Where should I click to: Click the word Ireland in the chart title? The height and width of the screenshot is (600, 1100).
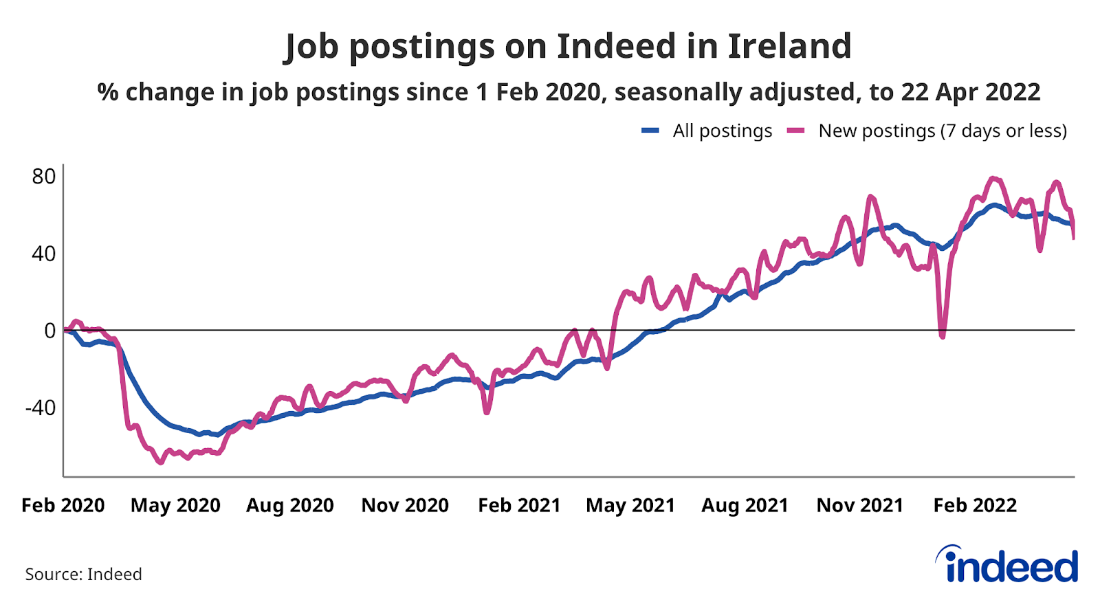[789, 46]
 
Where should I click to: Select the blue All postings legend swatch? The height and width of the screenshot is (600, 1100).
[650, 131]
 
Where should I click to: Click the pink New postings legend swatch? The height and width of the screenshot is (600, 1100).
[795, 131]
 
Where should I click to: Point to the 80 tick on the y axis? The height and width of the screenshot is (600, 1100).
[44, 177]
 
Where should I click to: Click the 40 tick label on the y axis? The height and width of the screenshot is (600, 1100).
[44, 254]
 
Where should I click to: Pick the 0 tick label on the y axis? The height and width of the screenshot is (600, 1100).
[49, 331]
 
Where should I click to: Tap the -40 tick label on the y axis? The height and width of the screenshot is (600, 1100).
[40, 408]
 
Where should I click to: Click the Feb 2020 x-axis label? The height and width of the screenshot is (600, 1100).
[63, 506]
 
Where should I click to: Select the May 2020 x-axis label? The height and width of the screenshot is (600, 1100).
[175, 506]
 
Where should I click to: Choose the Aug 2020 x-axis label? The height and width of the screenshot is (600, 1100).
[290, 506]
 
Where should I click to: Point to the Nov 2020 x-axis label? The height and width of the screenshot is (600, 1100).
[405, 506]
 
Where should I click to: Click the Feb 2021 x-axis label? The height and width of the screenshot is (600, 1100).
[519, 506]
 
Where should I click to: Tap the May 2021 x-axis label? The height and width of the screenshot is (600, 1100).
[630, 506]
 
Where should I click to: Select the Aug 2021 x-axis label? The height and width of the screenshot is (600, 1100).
[745, 506]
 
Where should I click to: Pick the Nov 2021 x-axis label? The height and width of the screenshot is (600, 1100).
[859, 506]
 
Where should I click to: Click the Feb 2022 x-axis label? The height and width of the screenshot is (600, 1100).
[975, 506]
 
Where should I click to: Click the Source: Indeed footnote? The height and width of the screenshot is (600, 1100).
[84, 575]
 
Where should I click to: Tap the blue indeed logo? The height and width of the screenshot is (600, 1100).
[1008, 566]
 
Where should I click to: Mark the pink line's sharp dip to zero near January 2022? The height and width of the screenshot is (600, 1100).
[942, 335]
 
